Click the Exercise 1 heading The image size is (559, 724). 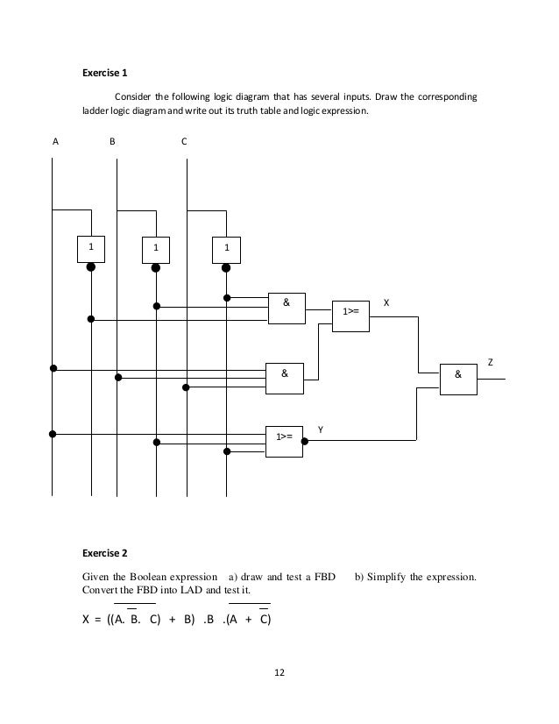click(104, 73)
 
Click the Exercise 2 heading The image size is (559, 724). click(104, 553)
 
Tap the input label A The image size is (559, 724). click(55, 140)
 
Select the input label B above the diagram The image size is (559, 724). click(112, 140)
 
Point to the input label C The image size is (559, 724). click(183, 140)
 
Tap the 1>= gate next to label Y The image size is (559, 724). click(285, 435)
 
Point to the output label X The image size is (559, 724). click(387, 302)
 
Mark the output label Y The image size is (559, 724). click(321, 429)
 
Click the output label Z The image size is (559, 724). click(491, 361)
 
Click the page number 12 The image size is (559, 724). click(279, 673)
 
